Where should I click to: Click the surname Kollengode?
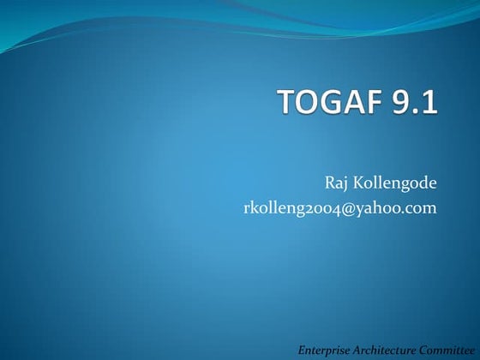pyautogui.click(x=394, y=182)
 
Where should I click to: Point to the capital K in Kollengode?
pyautogui.click(x=358, y=182)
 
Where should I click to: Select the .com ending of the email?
pyautogui.click(x=421, y=207)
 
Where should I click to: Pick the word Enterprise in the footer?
pyautogui.click(x=324, y=351)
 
